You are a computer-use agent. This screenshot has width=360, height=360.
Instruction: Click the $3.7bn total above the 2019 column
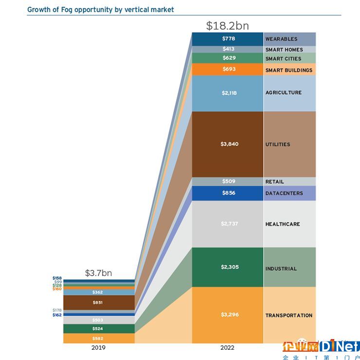(x=98, y=273)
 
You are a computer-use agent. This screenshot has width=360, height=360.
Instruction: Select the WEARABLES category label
(x=281, y=39)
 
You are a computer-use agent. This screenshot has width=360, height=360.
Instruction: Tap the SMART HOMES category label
(x=284, y=50)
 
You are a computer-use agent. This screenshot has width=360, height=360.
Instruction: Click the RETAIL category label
(x=274, y=182)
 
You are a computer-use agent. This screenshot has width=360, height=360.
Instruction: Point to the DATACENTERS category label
(x=284, y=193)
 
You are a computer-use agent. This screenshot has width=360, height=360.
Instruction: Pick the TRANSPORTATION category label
(x=289, y=316)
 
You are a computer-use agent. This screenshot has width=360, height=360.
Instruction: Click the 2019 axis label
(x=98, y=348)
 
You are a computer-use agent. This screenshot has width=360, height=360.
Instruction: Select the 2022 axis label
(x=227, y=348)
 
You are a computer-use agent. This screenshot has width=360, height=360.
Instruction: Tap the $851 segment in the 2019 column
(x=98, y=303)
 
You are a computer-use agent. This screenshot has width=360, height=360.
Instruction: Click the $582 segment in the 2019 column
(x=98, y=338)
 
